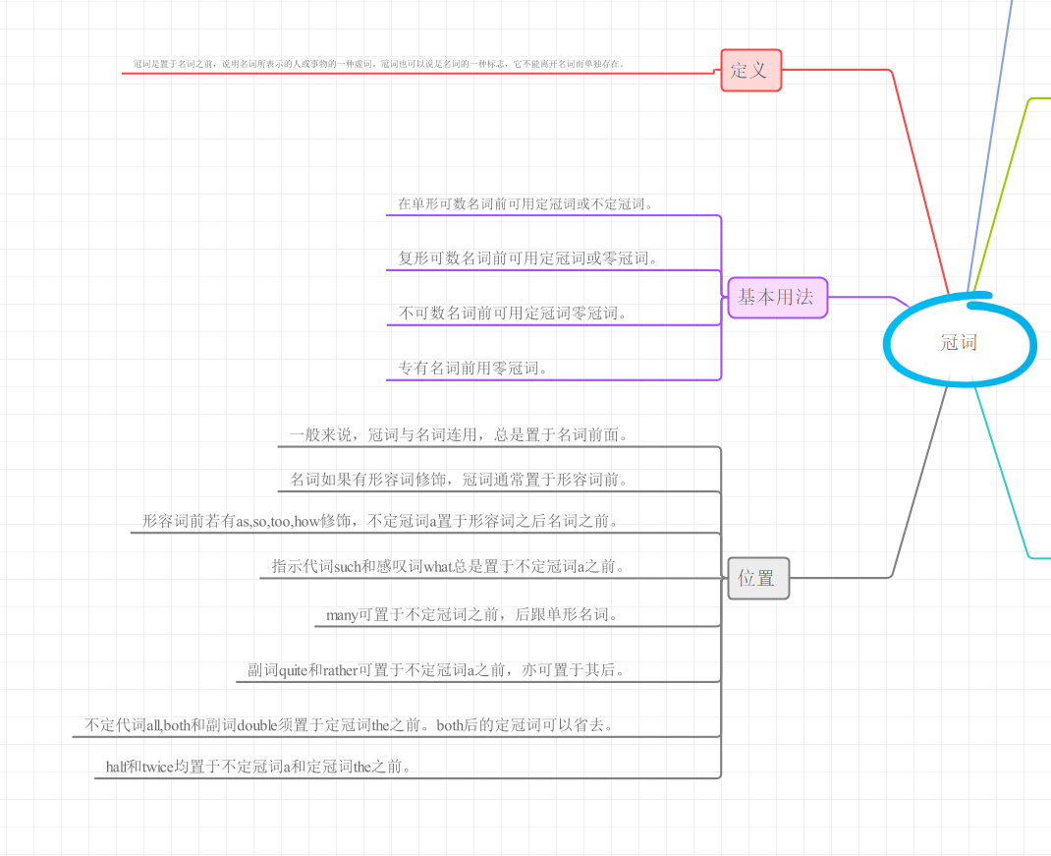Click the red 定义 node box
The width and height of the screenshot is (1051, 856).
tap(750, 70)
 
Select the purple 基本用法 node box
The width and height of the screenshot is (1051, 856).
tap(777, 297)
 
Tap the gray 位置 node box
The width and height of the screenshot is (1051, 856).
tap(757, 578)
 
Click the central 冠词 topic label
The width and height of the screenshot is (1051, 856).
tap(959, 342)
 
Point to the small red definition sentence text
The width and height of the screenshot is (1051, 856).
tap(379, 64)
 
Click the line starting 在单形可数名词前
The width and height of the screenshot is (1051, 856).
tap(525, 204)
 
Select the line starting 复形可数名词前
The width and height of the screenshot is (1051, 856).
tap(527, 258)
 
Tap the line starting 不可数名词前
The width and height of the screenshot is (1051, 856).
tap(512, 314)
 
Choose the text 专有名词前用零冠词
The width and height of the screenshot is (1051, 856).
tap(472, 369)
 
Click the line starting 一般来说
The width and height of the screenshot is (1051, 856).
tap(459, 434)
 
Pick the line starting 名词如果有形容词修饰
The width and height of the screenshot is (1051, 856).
tap(459, 480)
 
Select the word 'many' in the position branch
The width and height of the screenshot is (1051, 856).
tap(342, 615)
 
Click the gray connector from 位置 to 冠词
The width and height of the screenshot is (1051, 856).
tap(918, 482)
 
